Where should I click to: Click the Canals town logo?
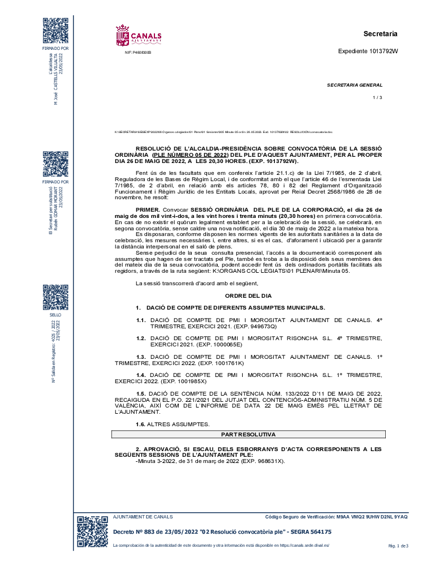coord(138,35)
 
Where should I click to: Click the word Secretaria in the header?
coord(380,34)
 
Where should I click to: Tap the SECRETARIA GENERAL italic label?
coord(354,85)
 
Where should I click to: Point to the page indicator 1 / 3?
coord(378,98)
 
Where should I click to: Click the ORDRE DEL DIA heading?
coord(248,296)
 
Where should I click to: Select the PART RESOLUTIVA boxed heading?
coord(248,435)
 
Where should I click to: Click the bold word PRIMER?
coord(148,209)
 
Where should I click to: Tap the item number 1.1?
coord(141,320)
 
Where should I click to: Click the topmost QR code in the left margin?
coord(56,31)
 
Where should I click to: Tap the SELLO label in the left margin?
coord(56,314)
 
